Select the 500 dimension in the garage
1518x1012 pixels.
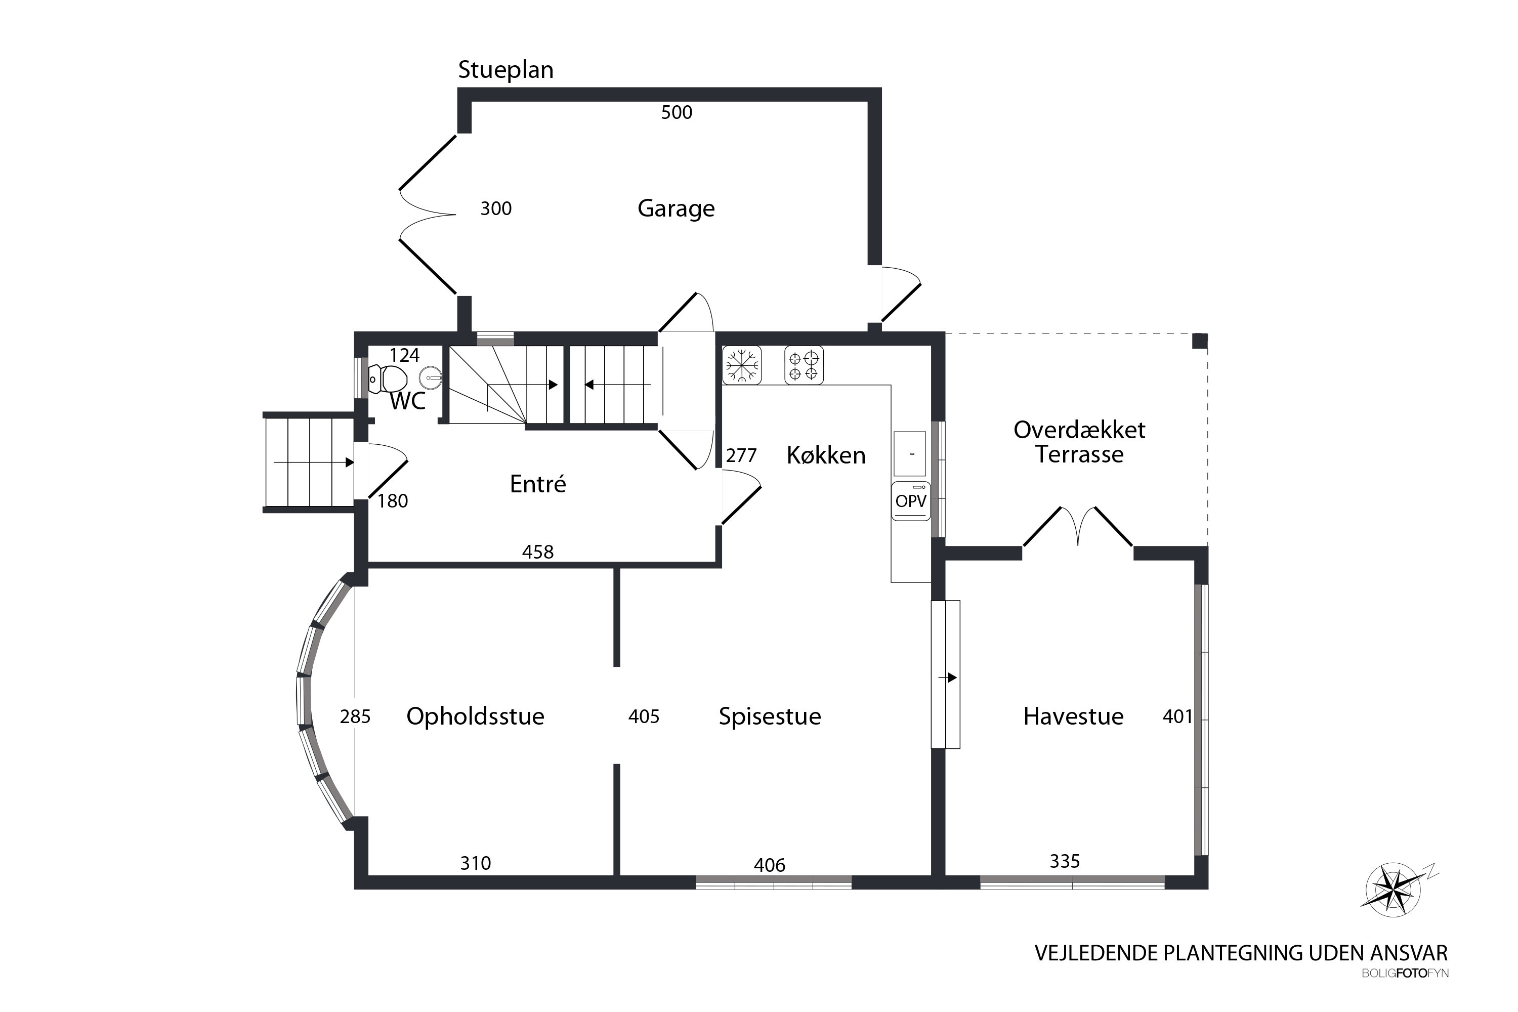[x=677, y=112]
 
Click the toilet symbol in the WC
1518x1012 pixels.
[x=388, y=379]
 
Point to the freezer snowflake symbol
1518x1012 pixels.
[x=742, y=365]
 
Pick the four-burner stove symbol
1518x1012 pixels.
[x=804, y=365]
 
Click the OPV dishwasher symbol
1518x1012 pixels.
[x=911, y=501]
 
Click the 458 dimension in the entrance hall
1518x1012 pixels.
[x=537, y=552]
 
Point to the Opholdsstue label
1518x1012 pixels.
[x=475, y=717]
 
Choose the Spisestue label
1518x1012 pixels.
[x=770, y=717]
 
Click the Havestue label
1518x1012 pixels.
[x=1073, y=716]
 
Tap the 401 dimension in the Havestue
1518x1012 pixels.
[x=1177, y=716]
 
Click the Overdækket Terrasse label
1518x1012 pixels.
[x=1079, y=442]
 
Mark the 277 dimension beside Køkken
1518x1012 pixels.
[x=741, y=456]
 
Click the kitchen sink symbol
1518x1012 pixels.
[x=910, y=454]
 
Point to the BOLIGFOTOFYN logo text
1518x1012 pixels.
[x=1405, y=973]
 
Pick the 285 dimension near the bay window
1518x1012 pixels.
[x=355, y=716]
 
